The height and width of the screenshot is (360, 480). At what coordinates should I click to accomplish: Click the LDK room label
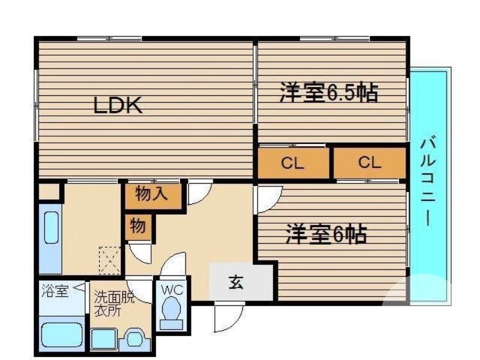click(x=117, y=106)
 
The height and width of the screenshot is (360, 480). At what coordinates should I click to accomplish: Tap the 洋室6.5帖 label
click(x=328, y=93)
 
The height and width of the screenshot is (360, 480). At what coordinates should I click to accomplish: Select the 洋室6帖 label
click(x=326, y=235)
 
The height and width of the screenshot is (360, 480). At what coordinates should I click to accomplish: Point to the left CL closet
click(x=293, y=163)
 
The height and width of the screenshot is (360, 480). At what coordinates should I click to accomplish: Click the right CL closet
click(x=370, y=163)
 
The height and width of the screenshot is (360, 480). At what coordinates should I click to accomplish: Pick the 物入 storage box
click(x=152, y=195)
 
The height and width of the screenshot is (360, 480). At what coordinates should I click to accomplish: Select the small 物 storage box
click(x=138, y=227)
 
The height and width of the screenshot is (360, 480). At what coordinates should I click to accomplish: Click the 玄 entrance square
click(x=236, y=283)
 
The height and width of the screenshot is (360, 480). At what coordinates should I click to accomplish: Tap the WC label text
click(x=172, y=289)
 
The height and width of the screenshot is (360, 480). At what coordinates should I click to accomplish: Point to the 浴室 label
click(x=55, y=292)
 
